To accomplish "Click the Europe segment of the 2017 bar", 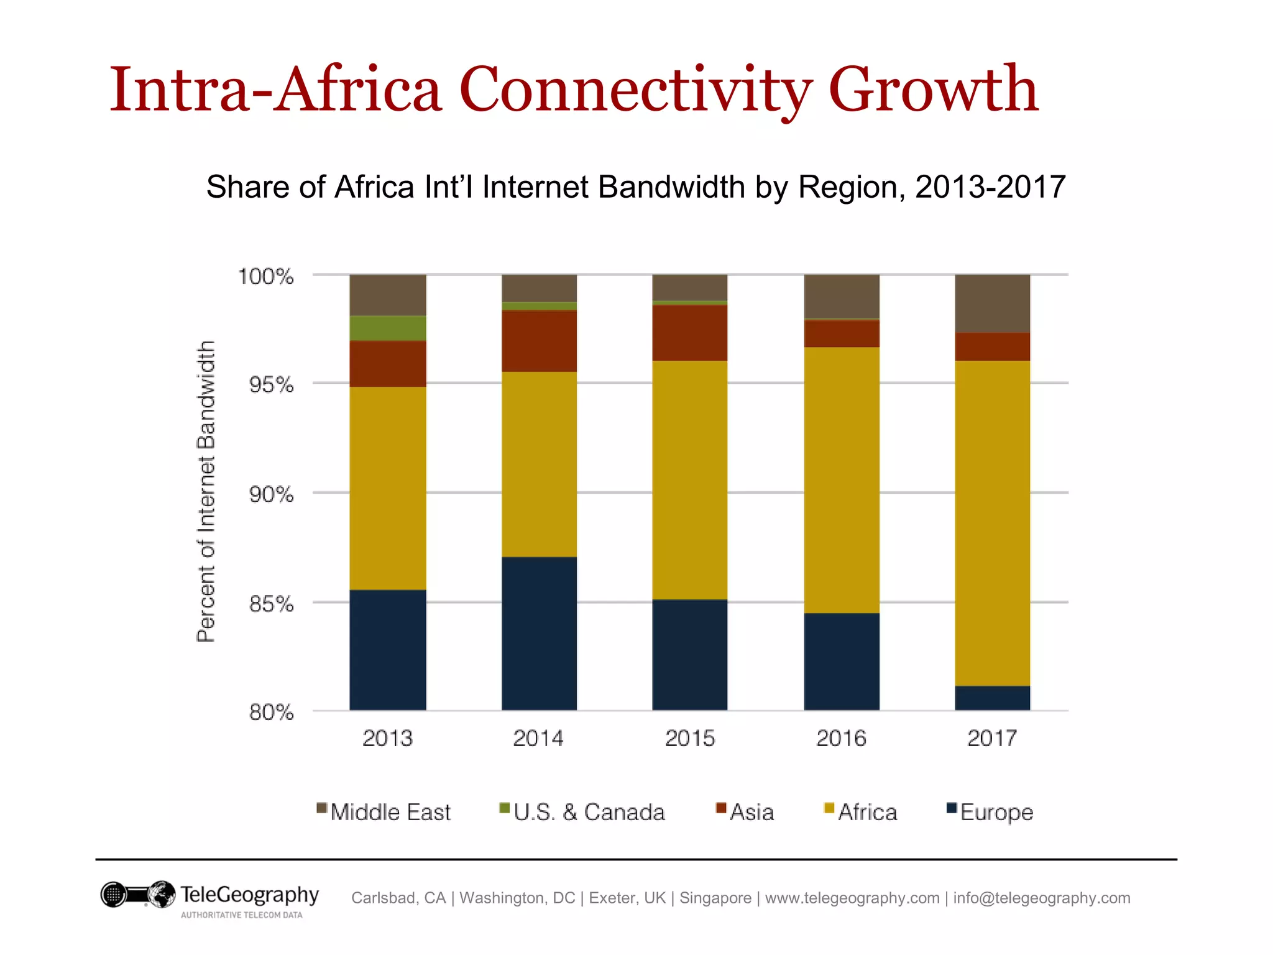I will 992,698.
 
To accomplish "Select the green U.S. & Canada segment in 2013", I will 388,328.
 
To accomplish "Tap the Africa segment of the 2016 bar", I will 842,480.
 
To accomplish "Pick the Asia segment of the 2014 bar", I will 539,341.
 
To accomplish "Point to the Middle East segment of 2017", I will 992,303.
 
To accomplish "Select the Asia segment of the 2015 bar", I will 689,333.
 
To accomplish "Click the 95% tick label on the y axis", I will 271,385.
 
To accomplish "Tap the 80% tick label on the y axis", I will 271,713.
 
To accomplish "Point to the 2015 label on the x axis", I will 689,739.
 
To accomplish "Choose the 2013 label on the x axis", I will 387,739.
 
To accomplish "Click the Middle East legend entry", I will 390,812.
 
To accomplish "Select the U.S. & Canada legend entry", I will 589,812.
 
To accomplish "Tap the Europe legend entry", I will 996,812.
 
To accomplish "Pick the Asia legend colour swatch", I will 721,808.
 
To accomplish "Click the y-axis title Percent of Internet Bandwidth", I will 206,491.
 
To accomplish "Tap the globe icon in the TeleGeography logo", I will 162,894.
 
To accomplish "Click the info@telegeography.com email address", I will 1041,898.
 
